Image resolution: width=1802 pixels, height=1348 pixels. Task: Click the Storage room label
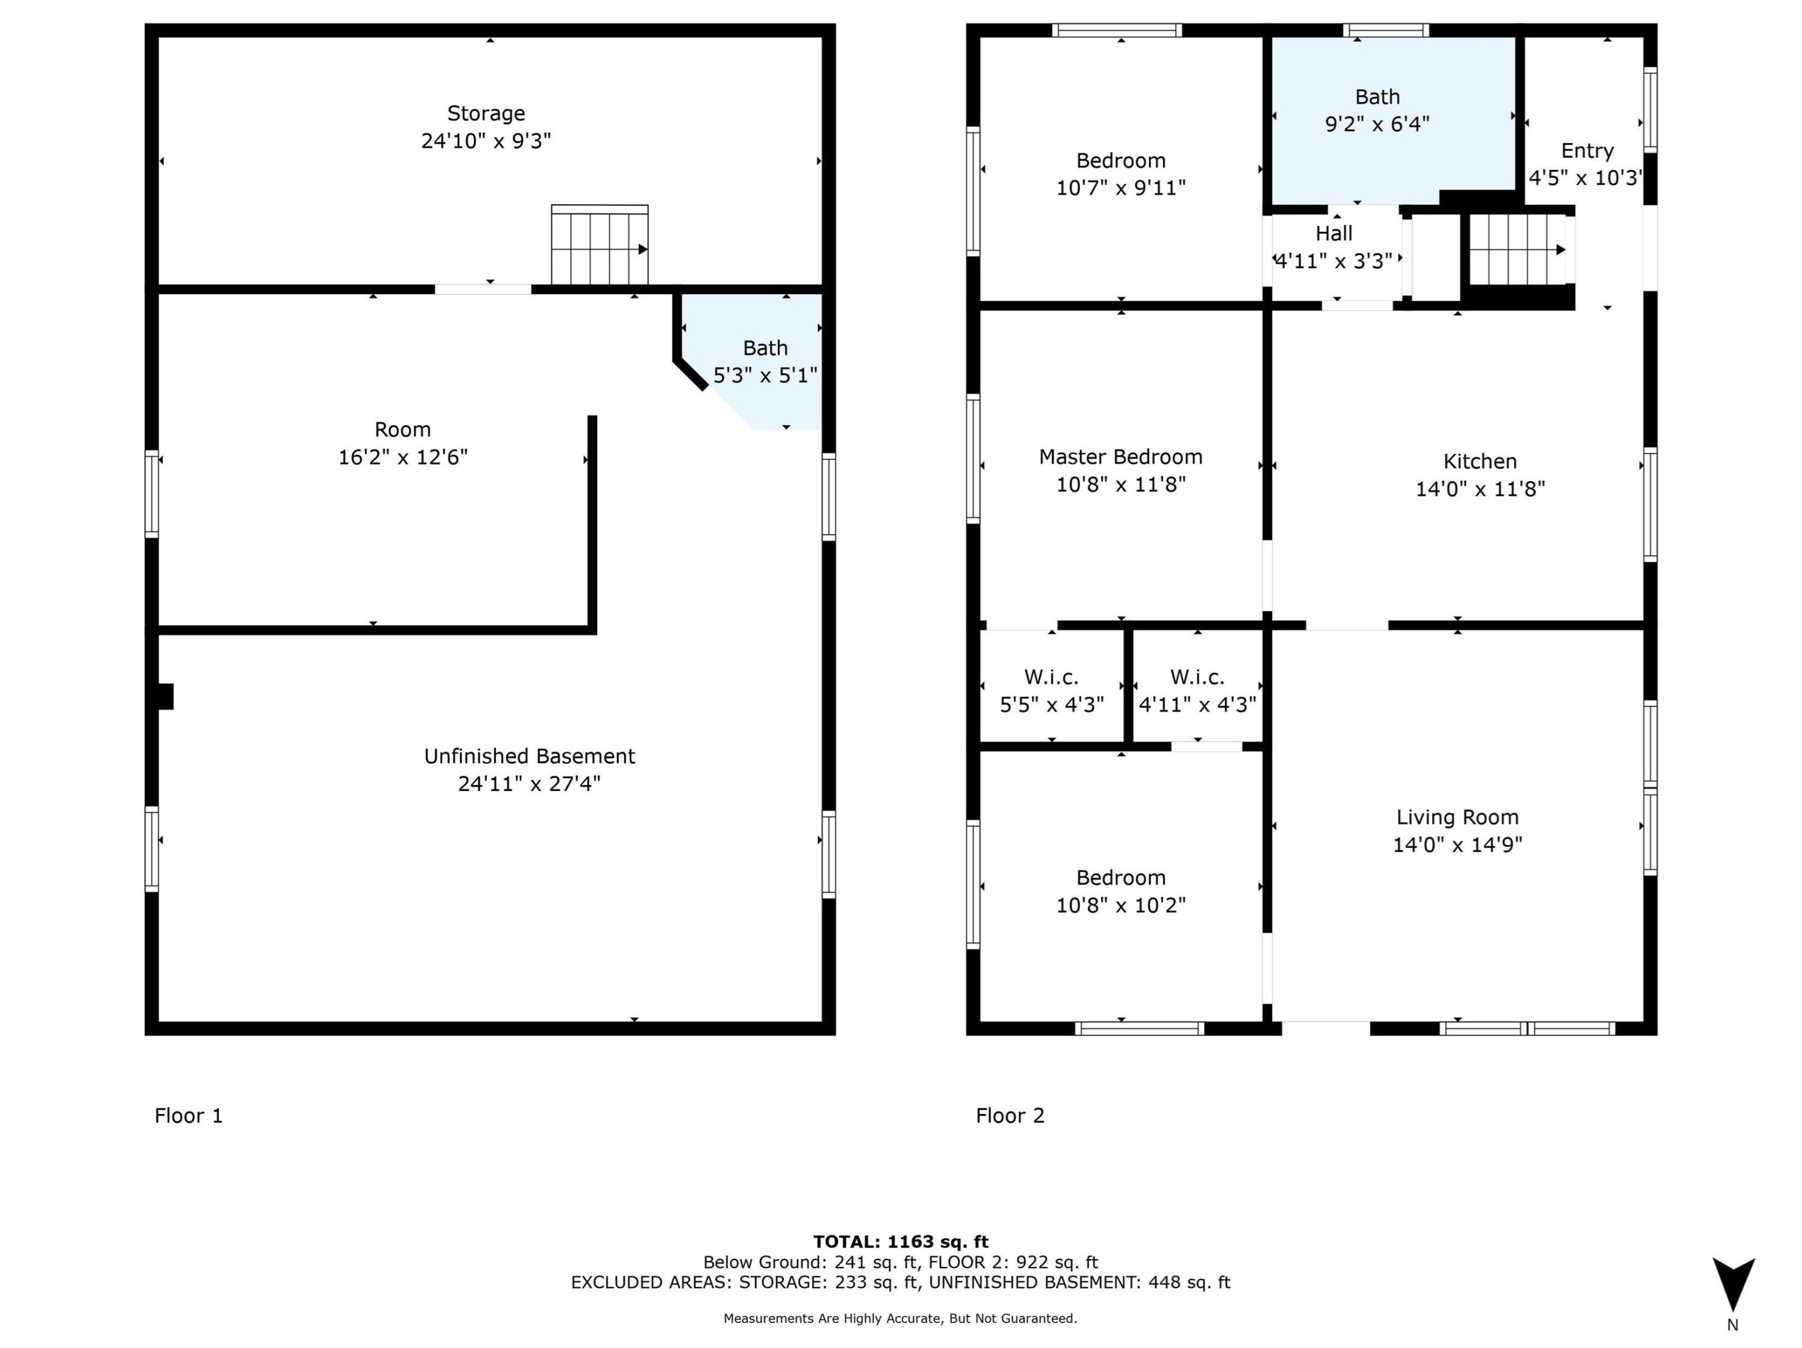coord(486,113)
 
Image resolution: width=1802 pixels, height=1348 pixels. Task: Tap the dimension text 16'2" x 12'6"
coord(403,457)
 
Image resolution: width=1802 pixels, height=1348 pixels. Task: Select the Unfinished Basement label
coord(529,757)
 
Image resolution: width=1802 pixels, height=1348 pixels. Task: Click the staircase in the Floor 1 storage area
coord(600,244)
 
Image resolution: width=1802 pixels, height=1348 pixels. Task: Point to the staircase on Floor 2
coord(1518,249)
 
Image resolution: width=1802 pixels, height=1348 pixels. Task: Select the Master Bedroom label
coord(1121,457)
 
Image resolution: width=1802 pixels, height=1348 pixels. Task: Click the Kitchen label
coord(1480,461)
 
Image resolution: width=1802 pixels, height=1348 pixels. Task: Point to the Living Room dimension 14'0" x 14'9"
coord(1458,844)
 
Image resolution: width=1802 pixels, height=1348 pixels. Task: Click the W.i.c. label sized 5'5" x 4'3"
coord(1052,677)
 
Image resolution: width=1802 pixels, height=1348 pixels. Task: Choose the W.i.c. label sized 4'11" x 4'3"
coord(1197,677)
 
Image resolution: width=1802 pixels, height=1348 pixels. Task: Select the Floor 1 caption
coord(189,1116)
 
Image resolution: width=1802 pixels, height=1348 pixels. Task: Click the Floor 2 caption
coord(1010,1116)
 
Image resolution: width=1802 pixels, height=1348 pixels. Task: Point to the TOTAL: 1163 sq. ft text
coord(901,1241)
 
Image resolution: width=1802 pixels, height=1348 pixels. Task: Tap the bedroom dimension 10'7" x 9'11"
coord(1121,188)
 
